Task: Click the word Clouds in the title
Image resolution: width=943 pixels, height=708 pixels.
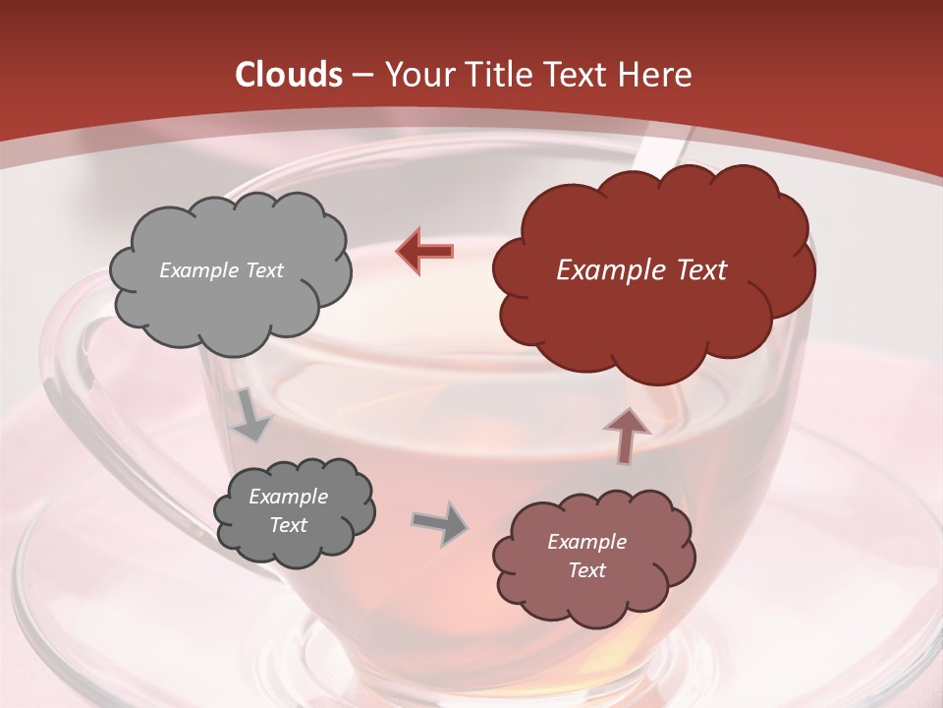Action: [289, 75]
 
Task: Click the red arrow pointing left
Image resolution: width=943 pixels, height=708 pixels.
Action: [424, 252]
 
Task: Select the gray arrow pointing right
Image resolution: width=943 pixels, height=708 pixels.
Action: [439, 523]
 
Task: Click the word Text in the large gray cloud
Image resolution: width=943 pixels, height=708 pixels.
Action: [263, 270]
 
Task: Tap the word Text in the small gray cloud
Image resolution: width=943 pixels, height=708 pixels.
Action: [288, 525]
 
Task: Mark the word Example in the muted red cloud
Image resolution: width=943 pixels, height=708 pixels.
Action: [586, 542]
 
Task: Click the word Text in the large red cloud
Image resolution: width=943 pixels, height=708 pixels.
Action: [693, 270]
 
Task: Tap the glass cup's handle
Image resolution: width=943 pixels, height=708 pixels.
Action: [69, 413]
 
